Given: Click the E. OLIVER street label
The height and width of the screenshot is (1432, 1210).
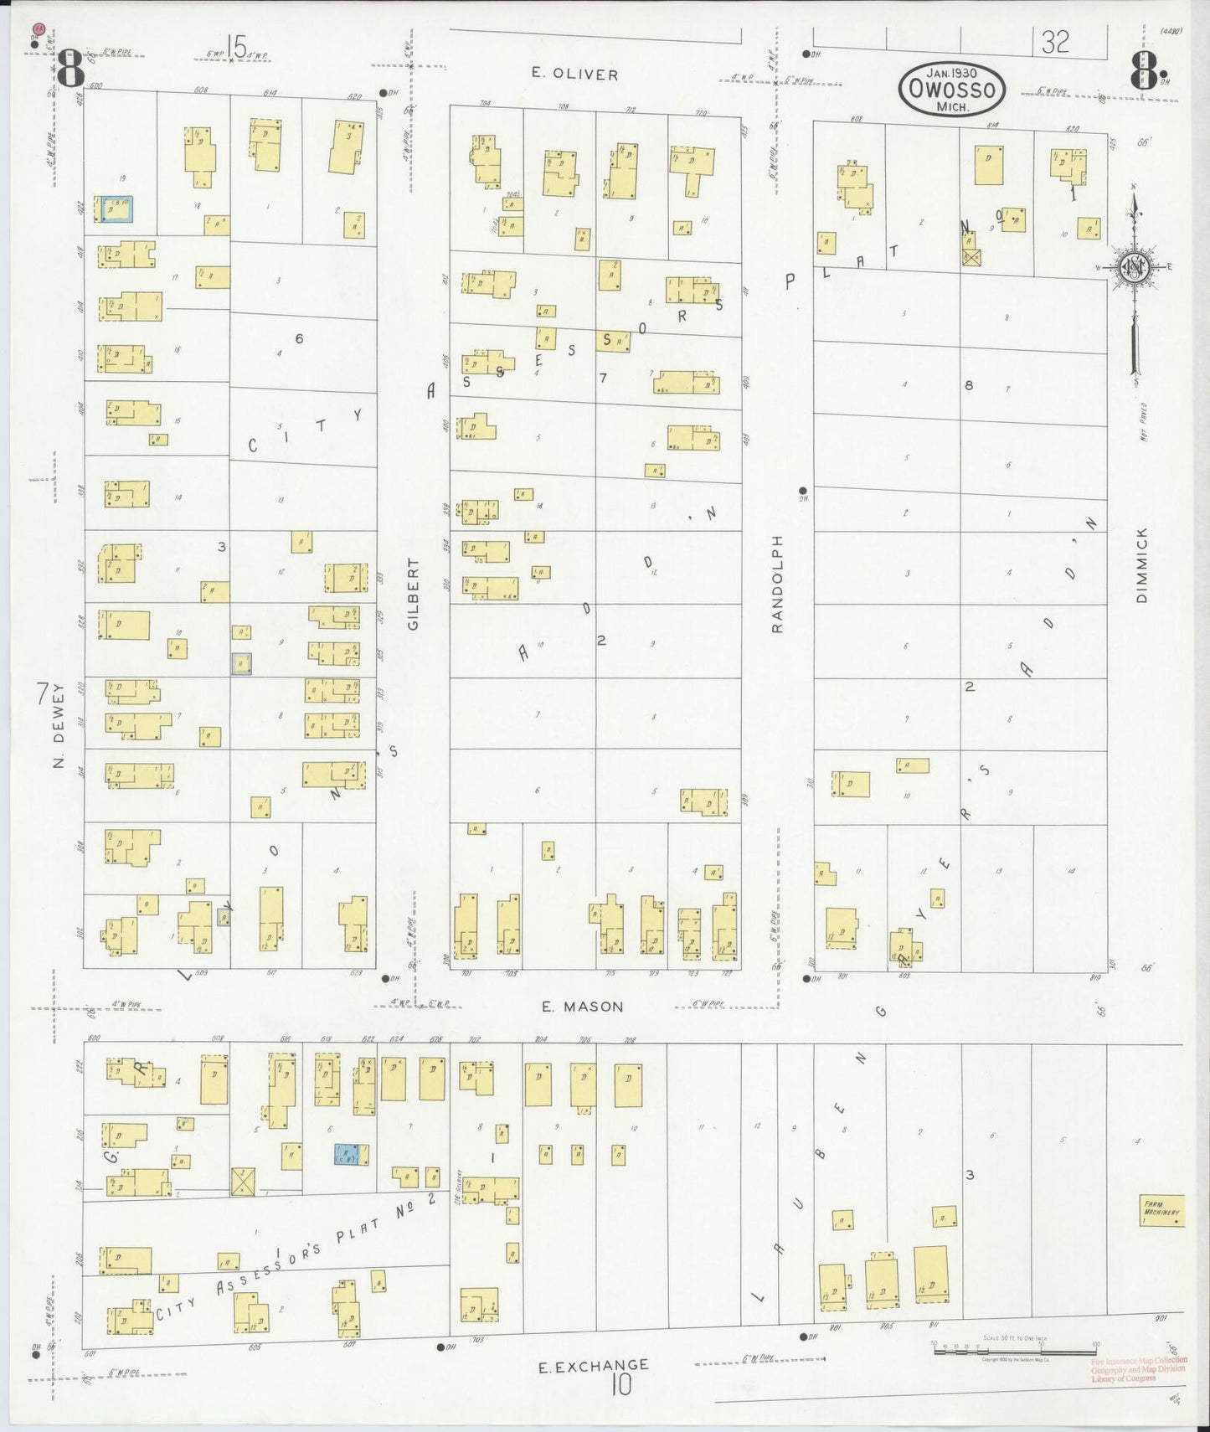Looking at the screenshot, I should pos(574,75).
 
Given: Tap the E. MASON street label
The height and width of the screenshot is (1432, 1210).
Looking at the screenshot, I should pos(582,1007).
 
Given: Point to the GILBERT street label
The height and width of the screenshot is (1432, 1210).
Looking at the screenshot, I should pos(413,594).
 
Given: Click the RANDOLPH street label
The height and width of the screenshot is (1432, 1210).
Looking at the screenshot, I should pos(776,584).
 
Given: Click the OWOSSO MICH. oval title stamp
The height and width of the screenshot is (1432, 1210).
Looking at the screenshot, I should pos(951,89).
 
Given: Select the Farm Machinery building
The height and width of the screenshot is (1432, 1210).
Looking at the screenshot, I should pos(1162,1211).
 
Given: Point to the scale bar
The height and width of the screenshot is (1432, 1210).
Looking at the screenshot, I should pos(1014,1346).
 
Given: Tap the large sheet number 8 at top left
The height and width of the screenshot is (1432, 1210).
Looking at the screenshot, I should pos(70,69).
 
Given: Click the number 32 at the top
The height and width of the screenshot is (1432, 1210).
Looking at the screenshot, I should pos(1055,42).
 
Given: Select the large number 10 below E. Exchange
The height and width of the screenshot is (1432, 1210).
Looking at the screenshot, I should pos(620,1387).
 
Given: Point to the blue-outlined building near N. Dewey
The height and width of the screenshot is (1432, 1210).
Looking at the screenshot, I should pos(113,209).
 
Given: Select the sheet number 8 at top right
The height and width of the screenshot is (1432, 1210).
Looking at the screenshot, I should pos(1146,70).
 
